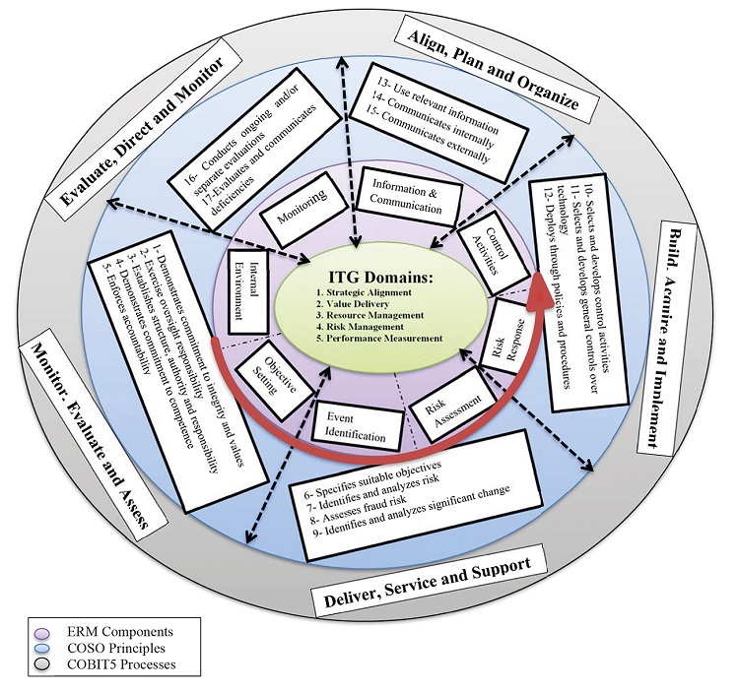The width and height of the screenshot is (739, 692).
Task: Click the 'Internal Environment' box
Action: point(240,285)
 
